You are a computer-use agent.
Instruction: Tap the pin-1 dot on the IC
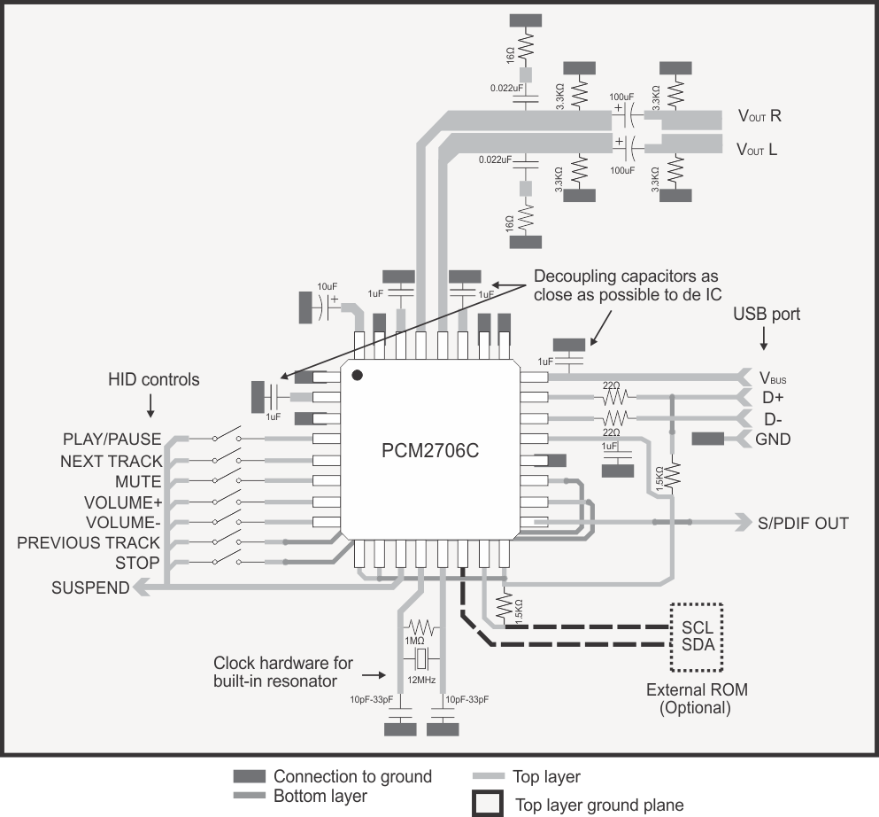pyautogui.click(x=358, y=376)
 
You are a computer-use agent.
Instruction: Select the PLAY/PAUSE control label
pyautogui.click(x=112, y=440)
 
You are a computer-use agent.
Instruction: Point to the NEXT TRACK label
pyautogui.click(x=112, y=461)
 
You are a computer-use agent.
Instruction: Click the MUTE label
pyautogui.click(x=138, y=482)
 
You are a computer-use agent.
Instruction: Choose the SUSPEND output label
pyautogui.click(x=90, y=587)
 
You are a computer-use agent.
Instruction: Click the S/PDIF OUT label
pyautogui.click(x=802, y=523)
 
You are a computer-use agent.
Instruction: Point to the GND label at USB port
pyautogui.click(x=772, y=439)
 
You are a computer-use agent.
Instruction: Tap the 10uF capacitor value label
pyautogui.click(x=328, y=286)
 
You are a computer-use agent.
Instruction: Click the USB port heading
pyautogui.click(x=767, y=315)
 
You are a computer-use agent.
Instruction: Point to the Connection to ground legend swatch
pyautogui.click(x=249, y=776)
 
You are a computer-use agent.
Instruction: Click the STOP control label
pyautogui.click(x=137, y=564)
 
